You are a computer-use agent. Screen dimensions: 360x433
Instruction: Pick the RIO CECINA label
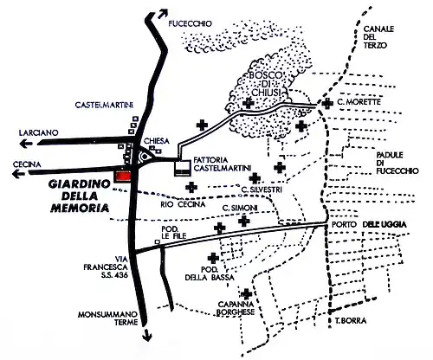180,204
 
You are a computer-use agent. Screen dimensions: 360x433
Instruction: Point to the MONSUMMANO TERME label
100,319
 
